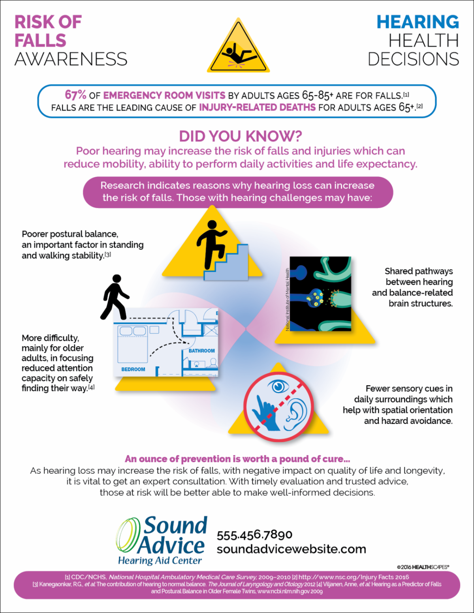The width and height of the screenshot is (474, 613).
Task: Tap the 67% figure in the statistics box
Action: pyautogui.click(x=75, y=95)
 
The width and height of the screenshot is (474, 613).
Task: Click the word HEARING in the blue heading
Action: pyautogui.click(x=418, y=22)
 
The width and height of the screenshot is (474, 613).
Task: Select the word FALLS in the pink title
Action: pyautogui.click(x=40, y=41)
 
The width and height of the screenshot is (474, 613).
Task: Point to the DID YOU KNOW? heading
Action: pyautogui.click(x=240, y=136)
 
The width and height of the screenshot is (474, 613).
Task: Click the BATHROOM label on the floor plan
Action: pyautogui.click(x=201, y=351)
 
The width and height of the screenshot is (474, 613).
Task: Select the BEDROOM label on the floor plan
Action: pyautogui.click(x=133, y=369)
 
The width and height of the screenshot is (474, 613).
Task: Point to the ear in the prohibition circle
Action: pyautogui.click(x=295, y=414)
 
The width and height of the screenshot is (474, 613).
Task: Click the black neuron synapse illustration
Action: pyautogui.click(x=320, y=294)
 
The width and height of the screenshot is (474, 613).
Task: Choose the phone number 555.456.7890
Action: pyautogui.click(x=254, y=535)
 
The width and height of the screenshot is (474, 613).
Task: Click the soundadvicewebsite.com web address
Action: pyautogui.click(x=291, y=549)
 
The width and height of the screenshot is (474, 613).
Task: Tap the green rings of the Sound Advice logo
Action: pyautogui.click(x=128, y=535)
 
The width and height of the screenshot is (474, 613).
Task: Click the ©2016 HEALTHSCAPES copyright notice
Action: pyautogui.click(x=423, y=567)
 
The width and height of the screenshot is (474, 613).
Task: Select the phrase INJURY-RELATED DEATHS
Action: pyautogui.click(x=257, y=107)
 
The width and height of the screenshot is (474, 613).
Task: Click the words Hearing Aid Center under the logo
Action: pyautogui.click(x=160, y=561)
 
